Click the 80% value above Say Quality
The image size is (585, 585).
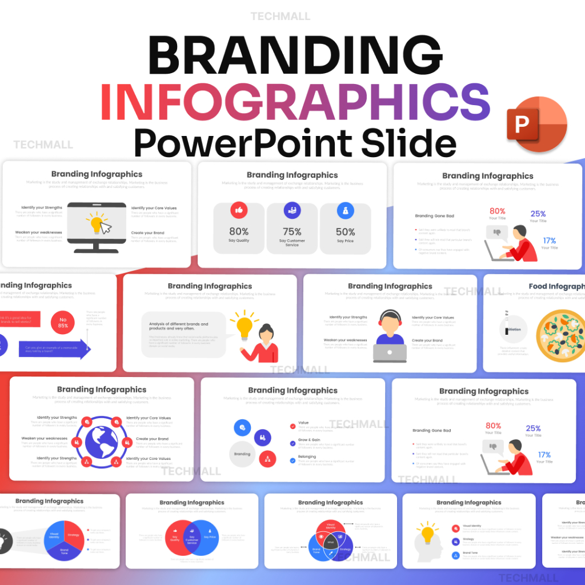tap(239, 231)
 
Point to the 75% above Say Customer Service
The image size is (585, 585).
tap(292, 231)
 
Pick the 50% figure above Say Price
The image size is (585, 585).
tap(345, 231)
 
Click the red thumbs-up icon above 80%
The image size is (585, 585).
tap(239, 210)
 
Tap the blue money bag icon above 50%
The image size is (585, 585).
tap(345, 210)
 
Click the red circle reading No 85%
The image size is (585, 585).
tap(63, 322)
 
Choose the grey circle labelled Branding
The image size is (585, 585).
tap(242, 454)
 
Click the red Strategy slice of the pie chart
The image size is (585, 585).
tap(73, 535)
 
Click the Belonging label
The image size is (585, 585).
tap(307, 456)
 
